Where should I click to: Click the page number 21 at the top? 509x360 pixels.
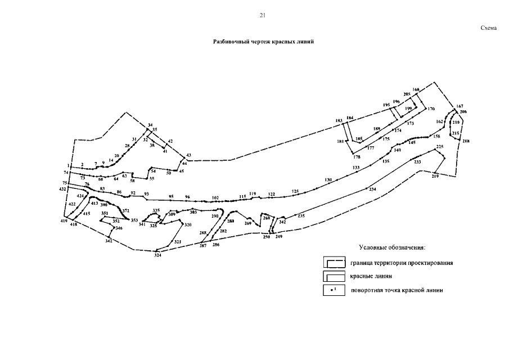tap(262, 15)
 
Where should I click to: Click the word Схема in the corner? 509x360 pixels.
tap(489, 28)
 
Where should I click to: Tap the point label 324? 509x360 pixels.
tap(158, 255)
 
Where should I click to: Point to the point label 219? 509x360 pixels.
tap(435, 177)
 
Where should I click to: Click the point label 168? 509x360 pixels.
tap(416, 90)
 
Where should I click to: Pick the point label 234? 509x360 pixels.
tap(372, 190)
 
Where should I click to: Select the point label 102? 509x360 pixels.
tap(215, 197)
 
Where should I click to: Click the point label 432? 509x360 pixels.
tap(63, 190)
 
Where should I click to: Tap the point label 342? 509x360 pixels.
tap(109, 241)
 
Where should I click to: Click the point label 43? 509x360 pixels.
tap(188, 155)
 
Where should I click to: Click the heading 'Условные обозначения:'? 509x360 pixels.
tap(392, 247)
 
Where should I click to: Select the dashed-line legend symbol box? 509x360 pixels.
tap(334, 262)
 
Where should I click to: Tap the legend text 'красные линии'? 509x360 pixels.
tap(371, 276)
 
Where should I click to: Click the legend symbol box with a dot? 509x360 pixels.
tap(334, 290)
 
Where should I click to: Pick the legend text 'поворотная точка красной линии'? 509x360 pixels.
tap(397, 291)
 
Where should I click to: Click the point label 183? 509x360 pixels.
tap(339, 121)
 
